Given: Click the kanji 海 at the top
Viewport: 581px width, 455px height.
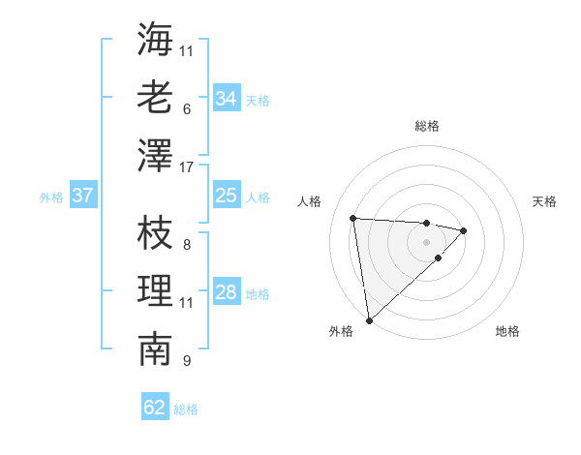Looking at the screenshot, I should click(x=155, y=39).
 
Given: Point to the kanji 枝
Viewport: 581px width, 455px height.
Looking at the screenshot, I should click(x=155, y=232).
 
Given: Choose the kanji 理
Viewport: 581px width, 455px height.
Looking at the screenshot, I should click(x=155, y=290).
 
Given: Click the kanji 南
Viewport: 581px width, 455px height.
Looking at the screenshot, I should click(x=155, y=349).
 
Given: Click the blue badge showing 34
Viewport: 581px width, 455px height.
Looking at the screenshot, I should click(x=227, y=99).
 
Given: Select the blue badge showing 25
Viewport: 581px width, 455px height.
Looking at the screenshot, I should click(x=227, y=197).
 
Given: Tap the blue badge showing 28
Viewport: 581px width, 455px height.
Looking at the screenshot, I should click(x=227, y=293).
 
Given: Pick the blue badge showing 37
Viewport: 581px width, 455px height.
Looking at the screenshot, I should click(x=82, y=197).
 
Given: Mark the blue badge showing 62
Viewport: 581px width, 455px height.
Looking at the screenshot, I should click(x=155, y=408).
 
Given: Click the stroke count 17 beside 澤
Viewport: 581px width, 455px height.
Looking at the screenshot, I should click(x=187, y=167).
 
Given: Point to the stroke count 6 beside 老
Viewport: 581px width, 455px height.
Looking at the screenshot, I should click(x=186, y=109).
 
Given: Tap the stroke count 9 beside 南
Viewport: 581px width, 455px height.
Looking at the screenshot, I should click(x=186, y=361).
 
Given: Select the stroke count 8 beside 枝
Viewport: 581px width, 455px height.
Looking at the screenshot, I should click(x=186, y=245).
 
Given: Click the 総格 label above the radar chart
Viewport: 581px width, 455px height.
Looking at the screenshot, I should click(x=427, y=126).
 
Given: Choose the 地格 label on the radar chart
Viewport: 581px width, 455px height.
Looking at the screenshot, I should click(x=507, y=332).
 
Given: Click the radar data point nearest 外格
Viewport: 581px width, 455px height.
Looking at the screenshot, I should click(x=369, y=320).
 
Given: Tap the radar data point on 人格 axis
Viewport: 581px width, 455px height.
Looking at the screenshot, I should click(x=353, y=217).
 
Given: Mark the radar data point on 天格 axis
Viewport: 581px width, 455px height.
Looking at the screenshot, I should click(x=464, y=230).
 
